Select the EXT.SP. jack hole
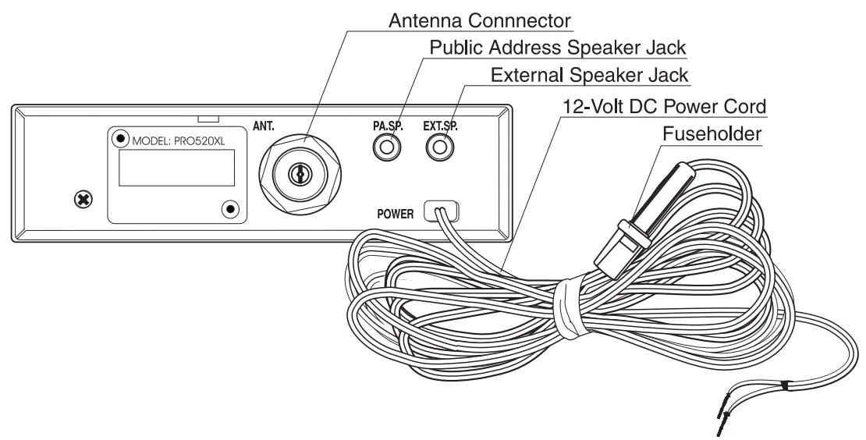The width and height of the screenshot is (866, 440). point(442,146)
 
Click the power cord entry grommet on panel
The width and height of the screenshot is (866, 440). point(442,211)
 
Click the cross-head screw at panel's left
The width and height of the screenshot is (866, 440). point(80,201)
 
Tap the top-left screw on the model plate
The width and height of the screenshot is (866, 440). point(120,139)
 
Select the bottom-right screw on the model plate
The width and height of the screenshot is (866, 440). point(229,208)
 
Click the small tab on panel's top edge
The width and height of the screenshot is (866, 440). point(208,118)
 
